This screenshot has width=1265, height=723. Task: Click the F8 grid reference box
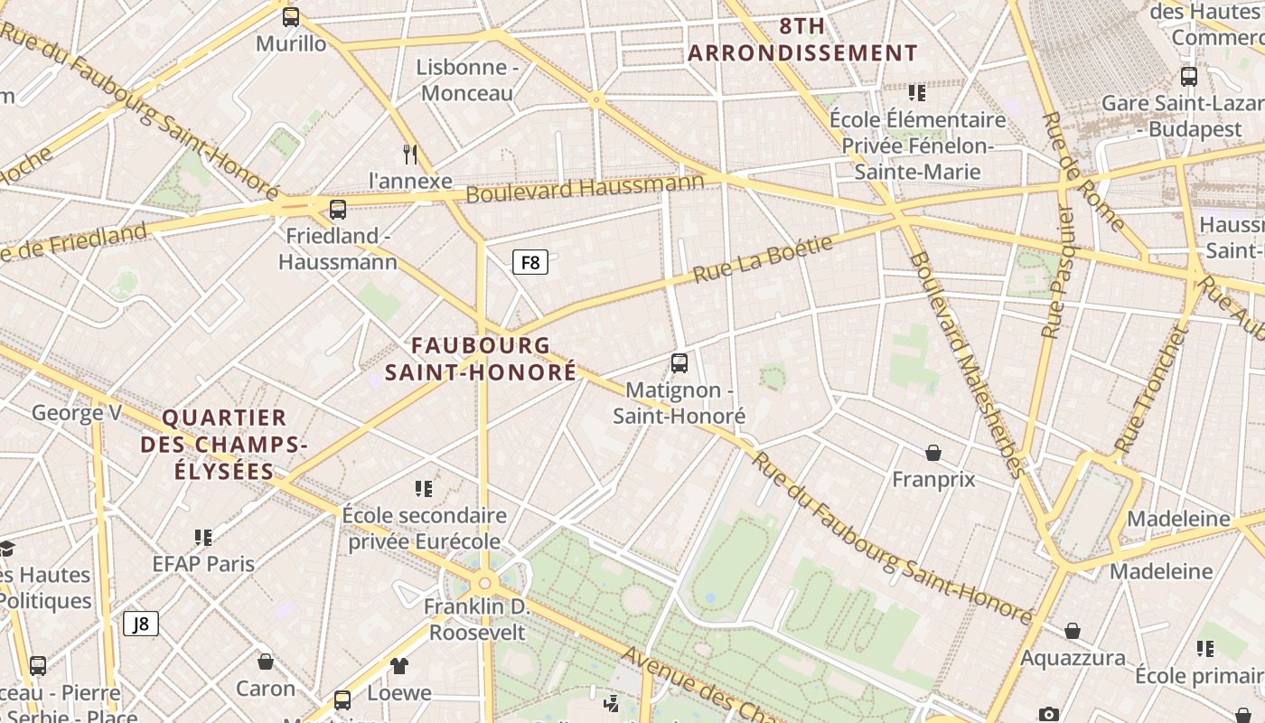pyautogui.click(x=530, y=263)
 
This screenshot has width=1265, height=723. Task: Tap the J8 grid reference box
pyautogui.click(x=140, y=624)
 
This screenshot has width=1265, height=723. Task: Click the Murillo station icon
pyautogui.click(x=291, y=17)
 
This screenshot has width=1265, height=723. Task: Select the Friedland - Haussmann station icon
pyautogui.click(x=338, y=210)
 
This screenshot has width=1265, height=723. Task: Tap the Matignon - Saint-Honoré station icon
pyautogui.click(x=679, y=363)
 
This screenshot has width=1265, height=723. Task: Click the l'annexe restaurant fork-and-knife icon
pyautogui.click(x=410, y=155)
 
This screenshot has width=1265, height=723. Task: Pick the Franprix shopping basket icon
pyautogui.click(x=933, y=452)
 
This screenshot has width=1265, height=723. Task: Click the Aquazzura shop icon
pyautogui.click(x=1073, y=631)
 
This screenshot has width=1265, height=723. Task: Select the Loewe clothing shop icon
pyautogui.click(x=399, y=666)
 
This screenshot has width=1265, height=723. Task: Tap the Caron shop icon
pyautogui.click(x=266, y=662)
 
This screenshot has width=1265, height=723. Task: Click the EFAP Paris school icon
pyautogui.click(x=203, y=538)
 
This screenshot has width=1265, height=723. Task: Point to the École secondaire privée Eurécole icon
pyautogui.click(x=424, y=489)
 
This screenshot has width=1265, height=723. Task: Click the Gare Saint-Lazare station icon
pyautogui.click(x=1189, y=77)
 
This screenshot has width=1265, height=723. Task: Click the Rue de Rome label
pyautogui.click(x=1083, y=172)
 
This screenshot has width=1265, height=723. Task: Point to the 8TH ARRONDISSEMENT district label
pyautogui.click(x=802, y=40)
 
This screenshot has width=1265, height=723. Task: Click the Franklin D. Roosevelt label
pyautogui.click(x=477, y=619)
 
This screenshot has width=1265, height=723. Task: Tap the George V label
pyautogui.click(x=77, y=414)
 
